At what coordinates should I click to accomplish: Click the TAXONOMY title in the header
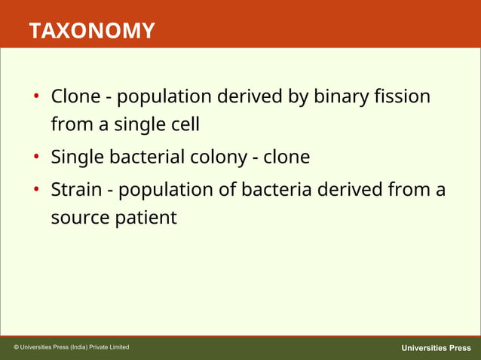point(92,31)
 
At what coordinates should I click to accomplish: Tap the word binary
point(332,97)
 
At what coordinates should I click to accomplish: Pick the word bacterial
point(147,157)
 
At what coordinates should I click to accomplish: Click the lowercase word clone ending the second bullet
point(286,157)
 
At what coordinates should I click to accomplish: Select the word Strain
point(77,190)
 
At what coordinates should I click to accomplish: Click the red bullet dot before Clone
point(35,98)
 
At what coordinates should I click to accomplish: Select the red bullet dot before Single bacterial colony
point(35,158)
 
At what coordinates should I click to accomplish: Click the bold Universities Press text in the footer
point(436,348)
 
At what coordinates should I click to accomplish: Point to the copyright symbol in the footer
point(17,347)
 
